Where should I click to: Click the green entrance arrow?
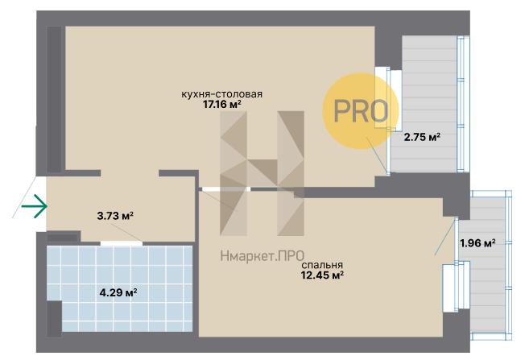pos(34,206)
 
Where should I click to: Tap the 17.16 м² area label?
pos(222,105)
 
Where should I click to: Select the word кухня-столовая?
pos(221,94)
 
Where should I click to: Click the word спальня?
pos(322,265)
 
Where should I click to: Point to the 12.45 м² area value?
pos(322,275)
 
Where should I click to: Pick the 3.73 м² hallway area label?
pos(115,216)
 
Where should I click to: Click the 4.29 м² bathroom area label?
pos(118,293)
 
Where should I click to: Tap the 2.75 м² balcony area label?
pos(422,137)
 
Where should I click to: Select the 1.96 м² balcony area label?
pos(477,243)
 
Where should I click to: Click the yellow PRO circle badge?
pos(361,111)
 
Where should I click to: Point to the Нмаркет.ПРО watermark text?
pos(262,256)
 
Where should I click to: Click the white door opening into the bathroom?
pos(122,243)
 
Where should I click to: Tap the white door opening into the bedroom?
pos(226,189)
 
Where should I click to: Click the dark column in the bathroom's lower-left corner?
pos(54,318)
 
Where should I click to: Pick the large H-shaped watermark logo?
pos(262,173)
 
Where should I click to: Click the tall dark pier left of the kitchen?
pos(54,99)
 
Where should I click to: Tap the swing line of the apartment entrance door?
pos(24,197)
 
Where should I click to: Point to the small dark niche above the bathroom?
pos(62,238)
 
